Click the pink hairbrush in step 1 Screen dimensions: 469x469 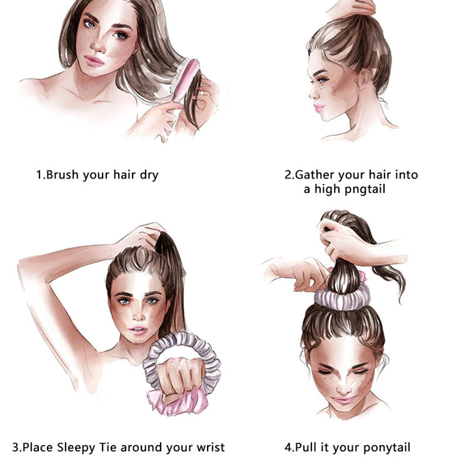coord(186,89)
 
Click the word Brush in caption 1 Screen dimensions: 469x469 coord(62,175)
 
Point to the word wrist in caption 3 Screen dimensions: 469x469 coord(209,447)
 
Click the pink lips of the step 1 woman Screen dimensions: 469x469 coord(94,61)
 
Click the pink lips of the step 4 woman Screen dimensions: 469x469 coord(344,399)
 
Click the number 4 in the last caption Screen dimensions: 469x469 coord(288,447)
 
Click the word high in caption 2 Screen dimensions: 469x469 coord(328,189)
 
